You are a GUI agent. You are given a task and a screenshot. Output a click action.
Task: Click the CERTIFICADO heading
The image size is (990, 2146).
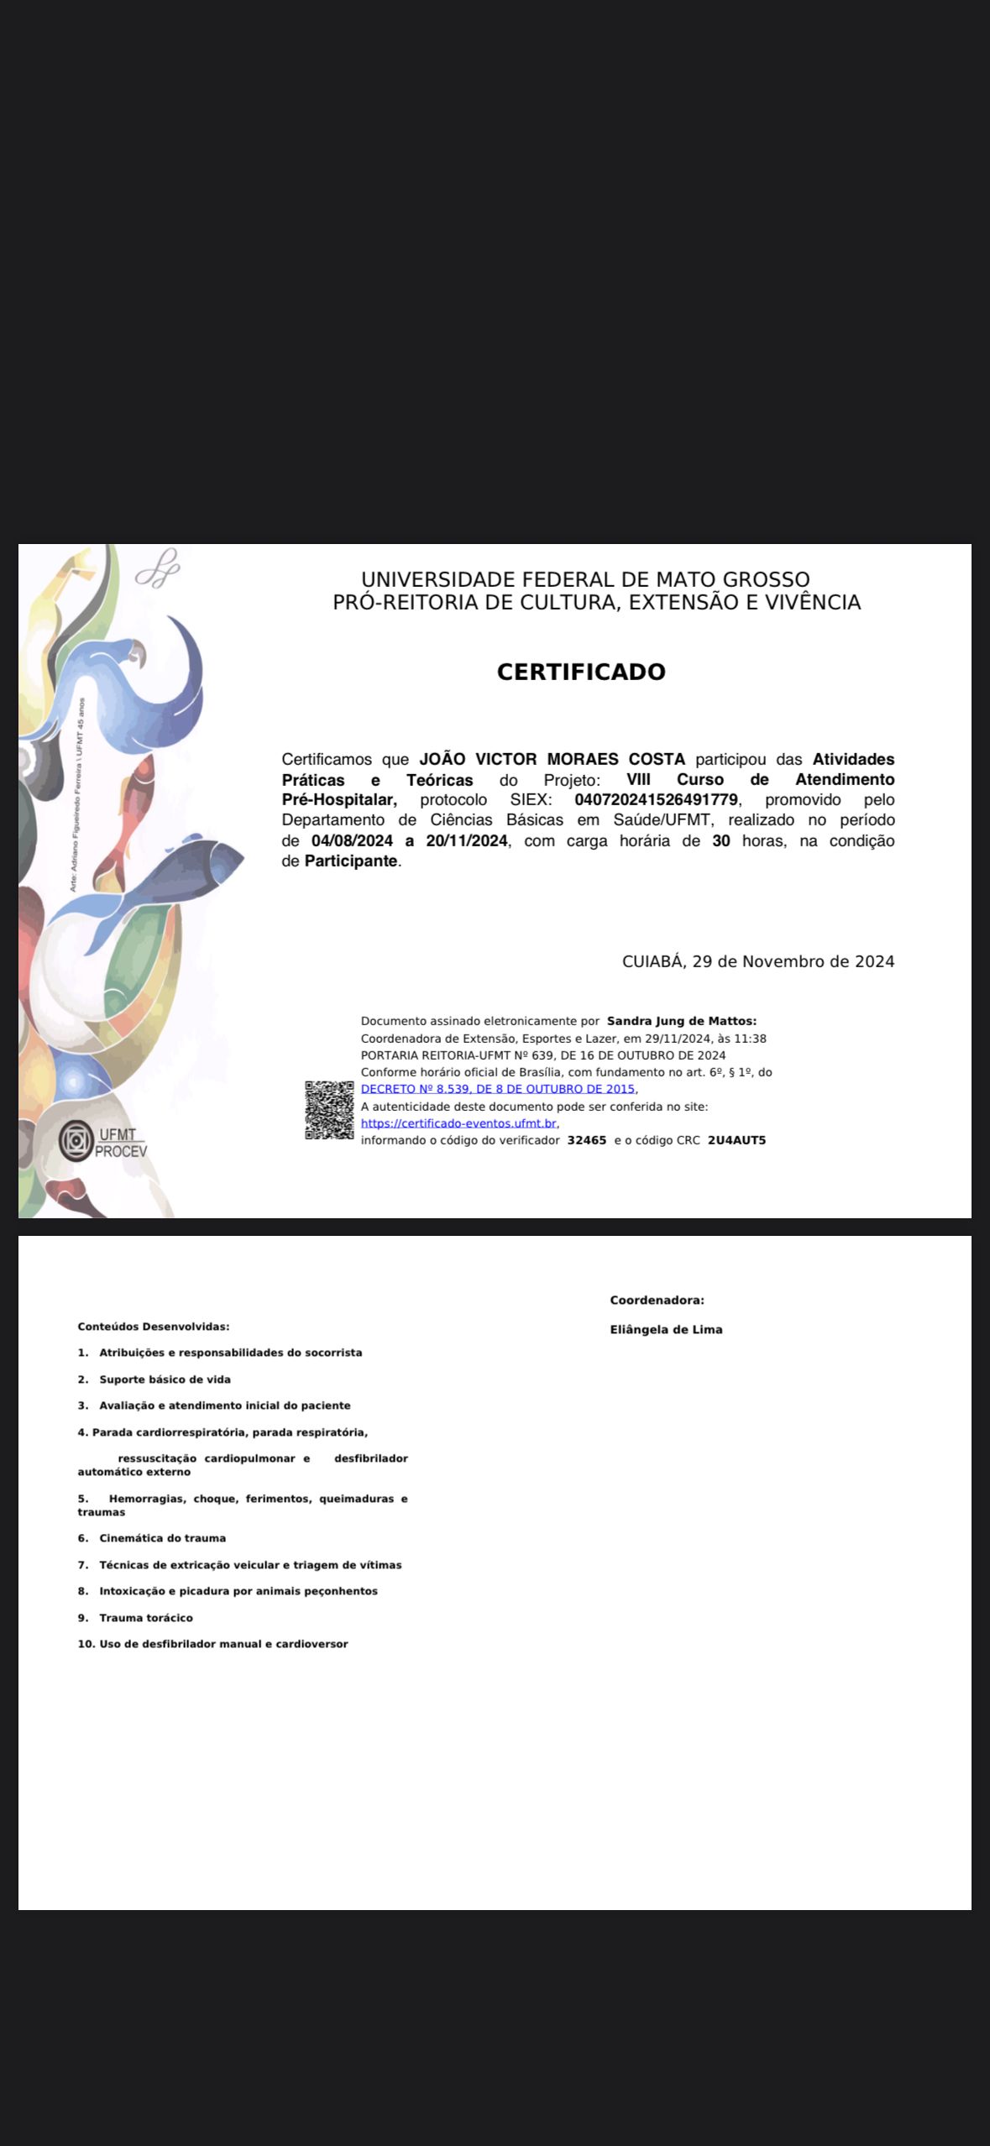pos(581,672)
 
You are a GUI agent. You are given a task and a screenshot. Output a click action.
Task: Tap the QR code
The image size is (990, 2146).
pos(329,1110)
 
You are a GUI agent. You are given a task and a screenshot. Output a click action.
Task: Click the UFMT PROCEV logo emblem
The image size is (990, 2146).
pos(76,1141)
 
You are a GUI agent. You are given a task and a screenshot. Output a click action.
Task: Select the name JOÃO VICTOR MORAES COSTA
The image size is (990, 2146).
pos(552,759)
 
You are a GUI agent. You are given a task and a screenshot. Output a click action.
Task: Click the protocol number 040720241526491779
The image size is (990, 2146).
pos(656,799)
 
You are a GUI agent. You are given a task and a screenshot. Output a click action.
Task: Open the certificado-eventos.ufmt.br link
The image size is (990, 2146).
pos(458,1123)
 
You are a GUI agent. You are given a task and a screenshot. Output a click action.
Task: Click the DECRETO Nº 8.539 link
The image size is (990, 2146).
pos(498,1089)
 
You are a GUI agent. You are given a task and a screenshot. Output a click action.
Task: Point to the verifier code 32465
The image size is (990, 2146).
pos(587,1140)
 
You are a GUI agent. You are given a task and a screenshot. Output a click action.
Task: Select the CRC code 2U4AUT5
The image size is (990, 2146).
pos(736,1140)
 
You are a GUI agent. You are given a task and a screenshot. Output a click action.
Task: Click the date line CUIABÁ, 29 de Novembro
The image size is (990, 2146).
pos(757,961)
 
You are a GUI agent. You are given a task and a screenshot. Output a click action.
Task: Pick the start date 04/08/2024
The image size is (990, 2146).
pos(352,840)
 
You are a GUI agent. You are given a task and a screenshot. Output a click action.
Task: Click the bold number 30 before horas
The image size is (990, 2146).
pos(720,840)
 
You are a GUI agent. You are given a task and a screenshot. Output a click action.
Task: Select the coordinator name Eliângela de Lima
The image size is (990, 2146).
pos(666,1329)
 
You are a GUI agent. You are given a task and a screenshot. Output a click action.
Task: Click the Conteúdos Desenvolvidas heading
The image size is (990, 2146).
pos(154,1327)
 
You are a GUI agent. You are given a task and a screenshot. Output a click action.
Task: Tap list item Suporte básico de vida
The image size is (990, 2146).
pos(165,1379)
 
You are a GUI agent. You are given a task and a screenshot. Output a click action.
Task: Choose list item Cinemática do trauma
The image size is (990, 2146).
pos(162,1538)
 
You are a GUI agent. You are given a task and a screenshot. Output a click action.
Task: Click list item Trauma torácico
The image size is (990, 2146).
pos(146,1618)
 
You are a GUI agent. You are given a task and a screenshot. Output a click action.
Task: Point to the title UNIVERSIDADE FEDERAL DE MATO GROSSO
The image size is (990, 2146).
pos(585,579)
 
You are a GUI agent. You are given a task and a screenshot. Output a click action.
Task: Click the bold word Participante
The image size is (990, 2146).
pos(350,861)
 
